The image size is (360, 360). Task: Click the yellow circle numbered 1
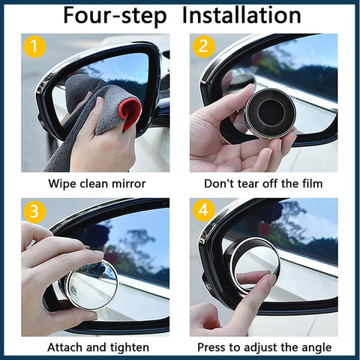[x=34, y=46]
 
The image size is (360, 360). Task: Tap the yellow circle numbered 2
[x=203, y=46]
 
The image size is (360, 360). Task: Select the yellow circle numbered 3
[x=34, y=211]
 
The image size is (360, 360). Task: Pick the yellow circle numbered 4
[x=203, y=210]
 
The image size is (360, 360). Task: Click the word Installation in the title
[x=241, y=16]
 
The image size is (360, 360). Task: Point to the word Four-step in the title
[x=115, y=16]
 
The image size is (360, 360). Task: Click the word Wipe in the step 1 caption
[x=62, y=184]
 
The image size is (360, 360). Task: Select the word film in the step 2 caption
[x=313, y=184]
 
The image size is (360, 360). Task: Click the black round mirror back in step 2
[x=271, y=113]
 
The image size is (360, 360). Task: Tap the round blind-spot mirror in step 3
[x=92, y=285]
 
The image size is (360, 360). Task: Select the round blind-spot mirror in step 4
[x=254, y=265]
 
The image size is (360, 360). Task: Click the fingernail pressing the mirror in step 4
[x=273, y=280]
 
